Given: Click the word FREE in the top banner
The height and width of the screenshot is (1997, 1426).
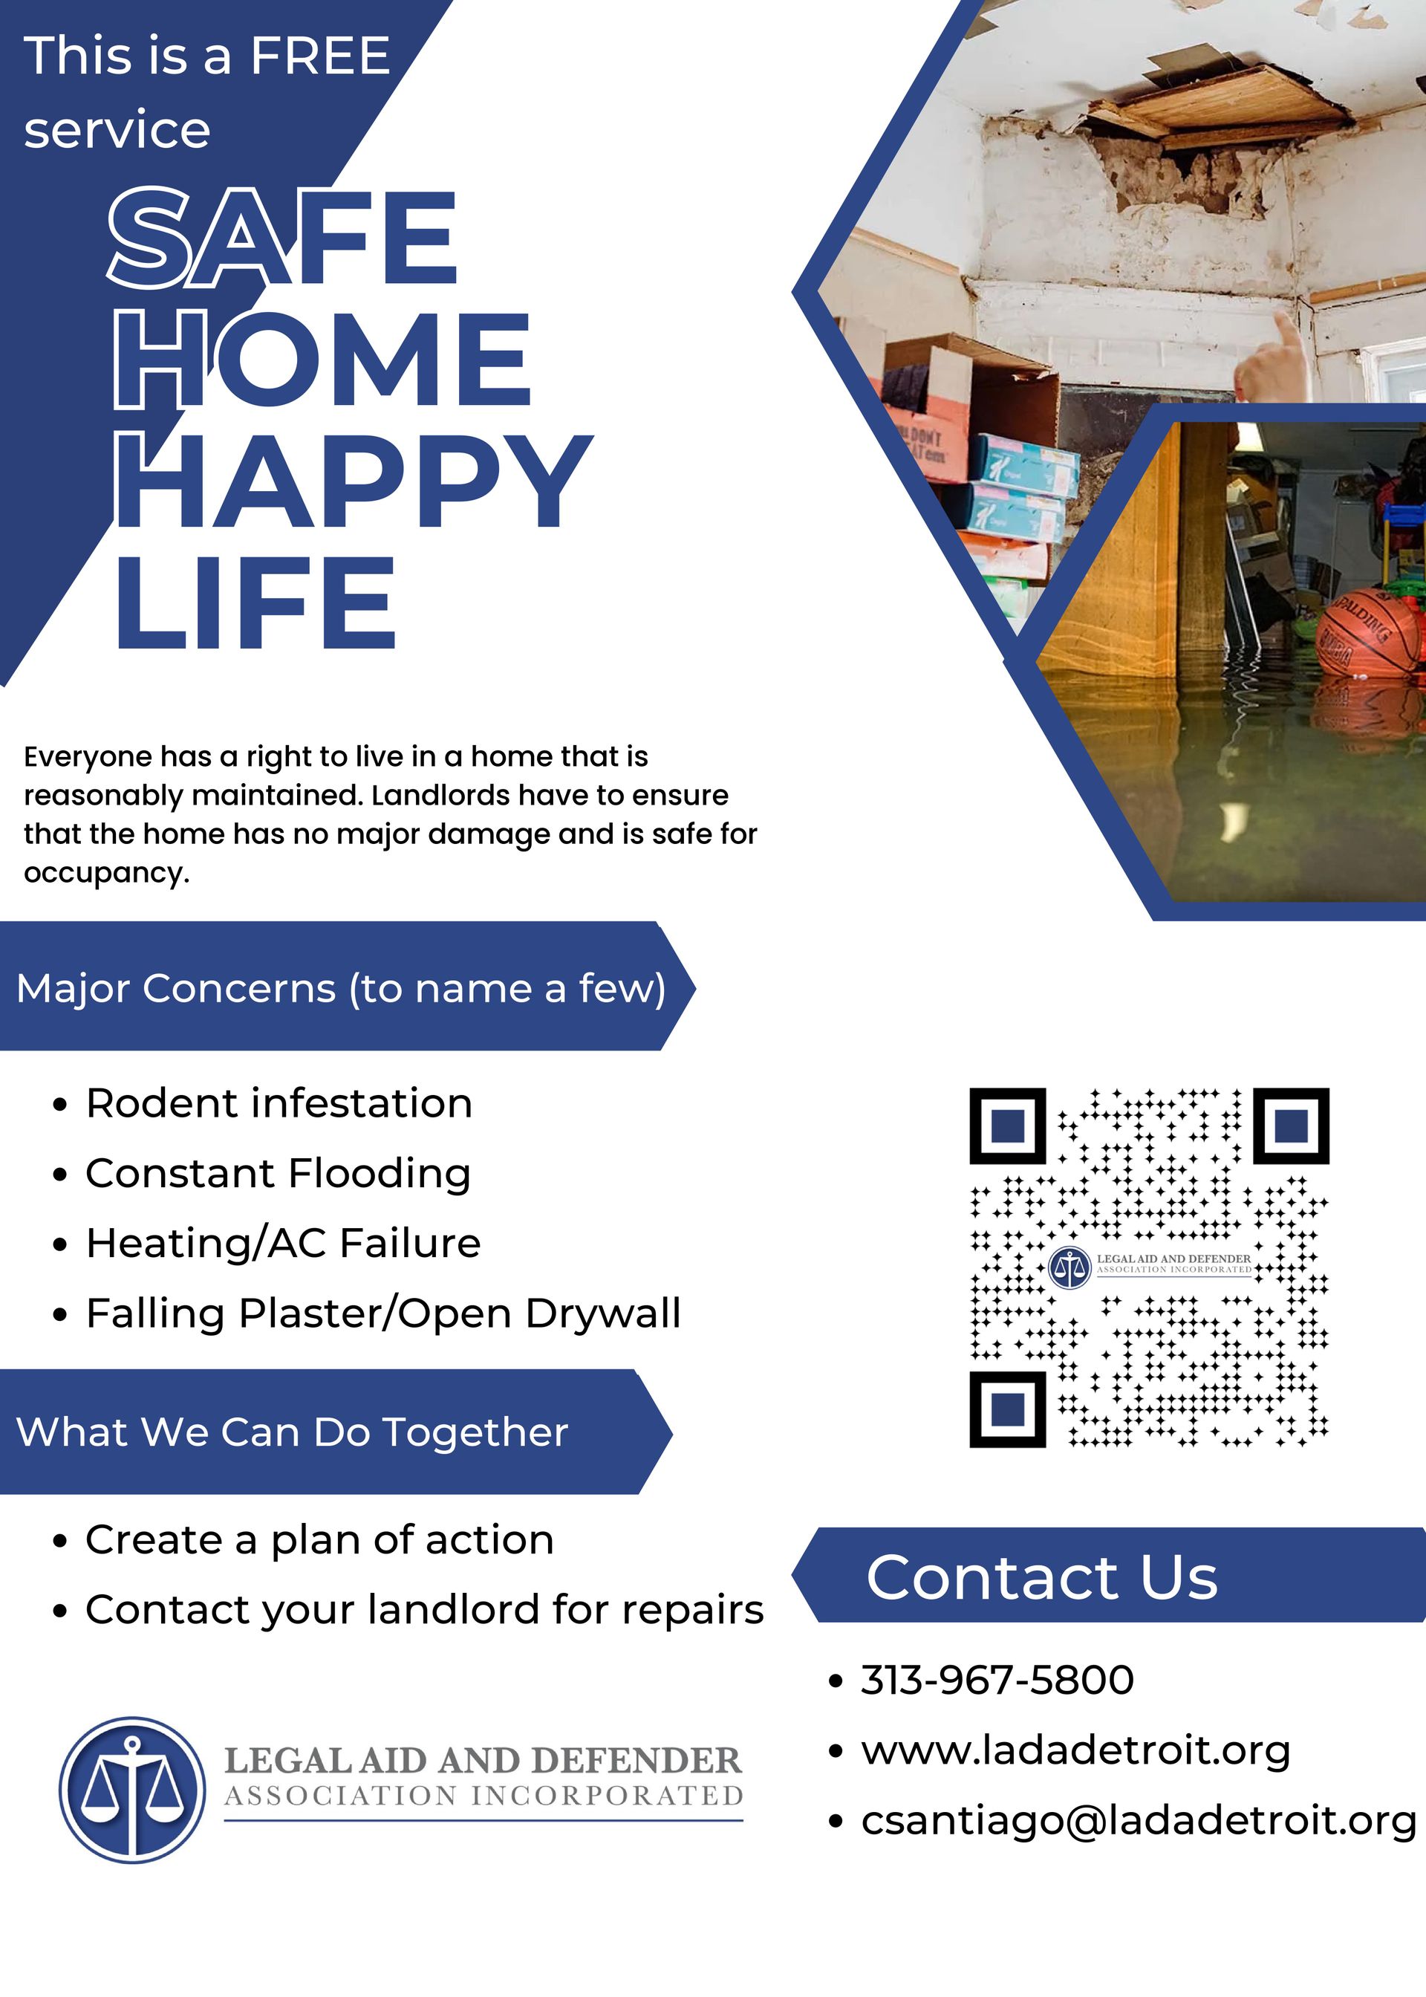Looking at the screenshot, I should pyautogui.click(x=319, y=56).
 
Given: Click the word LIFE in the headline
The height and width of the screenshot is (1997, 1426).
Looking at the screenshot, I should pyautogui.click(x=256, y=604).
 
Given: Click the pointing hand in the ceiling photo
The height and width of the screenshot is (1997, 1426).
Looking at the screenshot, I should pyautogui.click(x=1272, y=360).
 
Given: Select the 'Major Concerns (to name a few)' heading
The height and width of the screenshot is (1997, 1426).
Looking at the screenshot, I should pyautogui.click(x=341, y=989).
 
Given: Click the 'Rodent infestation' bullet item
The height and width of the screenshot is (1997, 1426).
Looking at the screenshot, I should pyautogui.click(x=279, y=1103).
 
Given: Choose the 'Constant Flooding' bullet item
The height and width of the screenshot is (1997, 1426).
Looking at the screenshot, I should pyautogui.click(x=278, y=1173).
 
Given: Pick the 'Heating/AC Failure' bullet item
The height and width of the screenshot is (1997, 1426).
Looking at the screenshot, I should pyautogui.click(x=283, y=1244).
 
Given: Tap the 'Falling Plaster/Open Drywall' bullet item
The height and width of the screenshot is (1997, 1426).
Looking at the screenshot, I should pyautogui.click(x=382, y=1314).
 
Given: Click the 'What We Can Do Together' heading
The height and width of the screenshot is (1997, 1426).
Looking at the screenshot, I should pyautogui.click(x=293, y=1432).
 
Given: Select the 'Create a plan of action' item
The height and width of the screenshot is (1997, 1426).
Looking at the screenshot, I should pyautogui.click(x=319, y=1539).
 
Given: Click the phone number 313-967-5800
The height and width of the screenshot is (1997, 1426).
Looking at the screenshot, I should pyautogui.click(x=997, y=1680).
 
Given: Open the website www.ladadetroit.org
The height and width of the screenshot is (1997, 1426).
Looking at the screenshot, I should pyautogui.click(x=1075, y=1750).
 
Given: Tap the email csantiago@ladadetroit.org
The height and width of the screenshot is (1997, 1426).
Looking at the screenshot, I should pyautogui.click(x=1138, y=1820).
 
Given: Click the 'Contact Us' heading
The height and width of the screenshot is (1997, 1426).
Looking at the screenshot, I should pyautogui.click(x=1041, y=1577).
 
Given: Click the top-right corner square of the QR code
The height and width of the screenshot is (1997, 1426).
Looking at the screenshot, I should pyautogui.click(x=1290, y=1126).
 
